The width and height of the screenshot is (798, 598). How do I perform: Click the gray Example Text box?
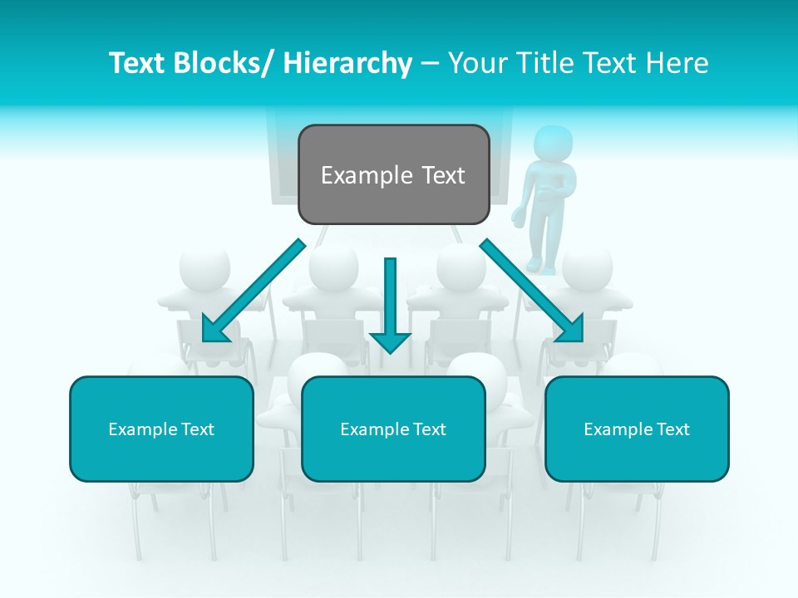click(393, 174)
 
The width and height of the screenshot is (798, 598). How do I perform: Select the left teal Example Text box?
click(161, 429)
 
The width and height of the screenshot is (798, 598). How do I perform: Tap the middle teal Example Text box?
click(393, 429)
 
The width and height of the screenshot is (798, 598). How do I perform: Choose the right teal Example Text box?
click(637, 429)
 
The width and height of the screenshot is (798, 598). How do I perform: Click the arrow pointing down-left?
click(254, 291)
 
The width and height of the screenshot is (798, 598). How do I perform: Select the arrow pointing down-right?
click(532, 291)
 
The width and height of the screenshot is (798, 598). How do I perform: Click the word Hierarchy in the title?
click(347, 63)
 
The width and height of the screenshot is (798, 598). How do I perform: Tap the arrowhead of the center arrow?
click(390, 341)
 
